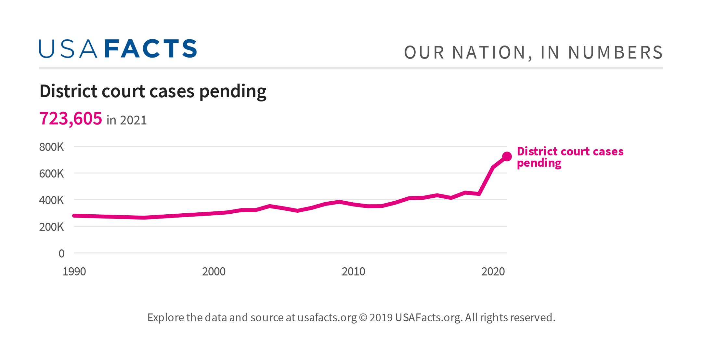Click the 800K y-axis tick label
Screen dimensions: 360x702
click(51, 147)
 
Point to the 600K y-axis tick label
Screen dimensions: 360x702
click(51, 174)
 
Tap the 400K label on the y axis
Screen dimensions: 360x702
click(51, 200)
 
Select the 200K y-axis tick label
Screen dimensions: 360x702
click(51, 227)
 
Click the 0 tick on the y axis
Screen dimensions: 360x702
click(61, 254)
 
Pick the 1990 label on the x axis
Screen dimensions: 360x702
click(74, 272)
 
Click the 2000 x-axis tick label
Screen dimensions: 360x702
click(214, 272)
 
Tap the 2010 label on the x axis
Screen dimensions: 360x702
click(353, 272)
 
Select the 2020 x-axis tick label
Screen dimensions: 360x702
click(493, 272)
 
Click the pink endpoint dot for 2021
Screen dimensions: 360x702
click(507, 157)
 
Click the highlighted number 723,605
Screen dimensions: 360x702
click(71, 118)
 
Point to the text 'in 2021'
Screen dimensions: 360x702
click(127, 120)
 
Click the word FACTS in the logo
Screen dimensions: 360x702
click(151, 49)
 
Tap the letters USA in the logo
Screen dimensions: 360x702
click(68, 49)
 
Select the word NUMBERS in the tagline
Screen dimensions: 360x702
click(615, 53)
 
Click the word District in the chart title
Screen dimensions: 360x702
click(69, 91)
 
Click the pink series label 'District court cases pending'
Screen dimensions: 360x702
click(570, 157)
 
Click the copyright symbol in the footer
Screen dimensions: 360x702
click(363, 317)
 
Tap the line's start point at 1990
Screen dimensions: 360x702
click(74, 216)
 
